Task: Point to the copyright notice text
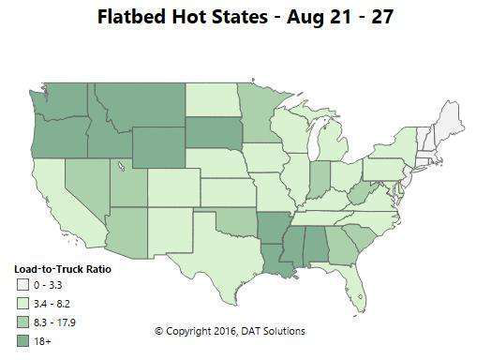point(230,331)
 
